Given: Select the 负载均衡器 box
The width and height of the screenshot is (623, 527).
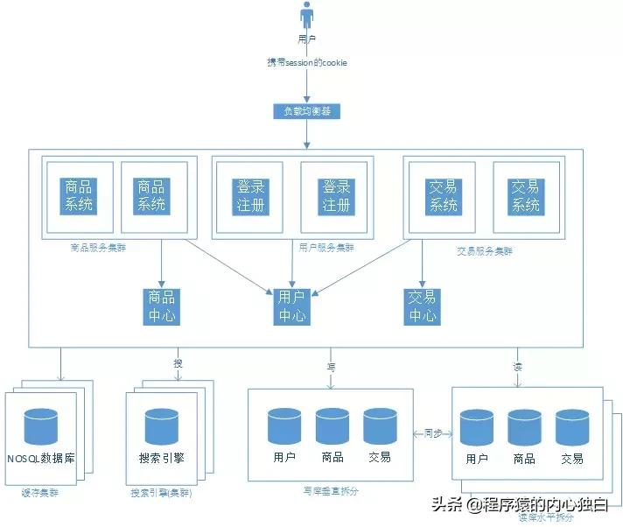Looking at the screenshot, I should tap(307, 111).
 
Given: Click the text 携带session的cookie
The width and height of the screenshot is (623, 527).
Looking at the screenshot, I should tap(307, 63).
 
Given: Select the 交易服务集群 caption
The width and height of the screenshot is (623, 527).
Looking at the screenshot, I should tap(485, 250).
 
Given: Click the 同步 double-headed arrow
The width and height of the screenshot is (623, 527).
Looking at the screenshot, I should tap(432, 432).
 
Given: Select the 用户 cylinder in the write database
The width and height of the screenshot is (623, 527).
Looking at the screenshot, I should tap(283, 426).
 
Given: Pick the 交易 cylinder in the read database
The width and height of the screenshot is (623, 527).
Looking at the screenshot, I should tap(571, 428).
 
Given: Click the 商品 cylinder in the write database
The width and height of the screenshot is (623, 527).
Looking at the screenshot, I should tap(332, 426).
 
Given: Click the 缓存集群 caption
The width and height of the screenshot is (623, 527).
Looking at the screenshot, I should tap(38, 493).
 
